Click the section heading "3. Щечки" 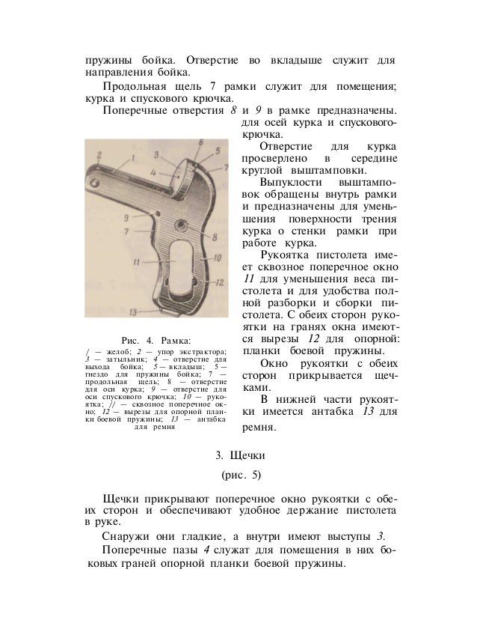239,455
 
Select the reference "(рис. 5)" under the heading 239,475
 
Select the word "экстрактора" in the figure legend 201,351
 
